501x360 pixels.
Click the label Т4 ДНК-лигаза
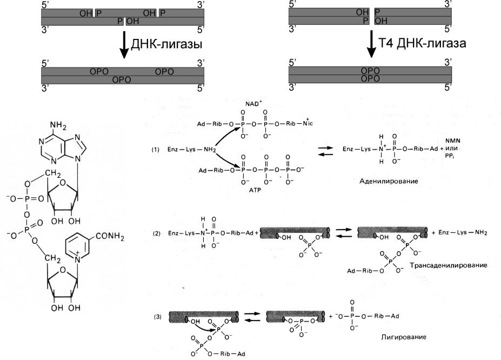pyautogui.click(x=422, y=44)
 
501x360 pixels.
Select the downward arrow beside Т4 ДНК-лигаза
pyautogui.click(x=372, y=44)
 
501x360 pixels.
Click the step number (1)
pyautogui.click(x=156, y=150)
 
